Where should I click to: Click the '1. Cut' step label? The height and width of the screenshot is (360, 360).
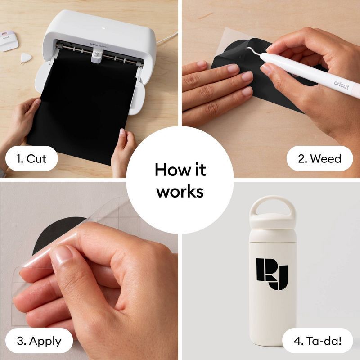click(30, 158)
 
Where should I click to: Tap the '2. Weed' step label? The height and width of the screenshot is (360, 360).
click(320, 158)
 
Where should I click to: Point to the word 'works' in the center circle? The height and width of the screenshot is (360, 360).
click(180, 191)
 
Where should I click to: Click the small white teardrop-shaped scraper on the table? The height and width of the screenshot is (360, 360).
click(26, 57)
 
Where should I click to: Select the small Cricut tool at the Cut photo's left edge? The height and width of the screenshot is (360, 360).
click(6, 38)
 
